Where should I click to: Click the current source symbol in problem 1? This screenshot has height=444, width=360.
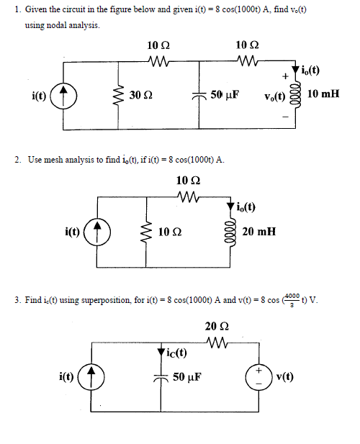coord(63,95)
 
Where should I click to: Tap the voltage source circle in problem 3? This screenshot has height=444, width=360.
coord(257,376)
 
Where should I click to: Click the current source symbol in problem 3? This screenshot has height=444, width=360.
coord(93,376)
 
